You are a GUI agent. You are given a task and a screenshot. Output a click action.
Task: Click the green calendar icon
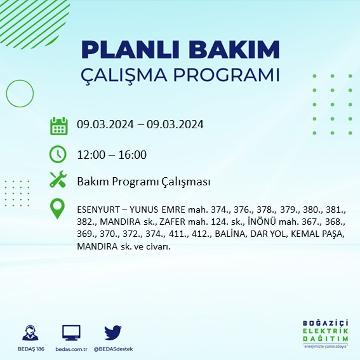click(x=58, y=125)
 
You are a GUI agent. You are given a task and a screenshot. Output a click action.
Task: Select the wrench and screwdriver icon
click(x=58, y=180)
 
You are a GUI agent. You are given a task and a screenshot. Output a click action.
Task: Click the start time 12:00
click(x=90, y=154)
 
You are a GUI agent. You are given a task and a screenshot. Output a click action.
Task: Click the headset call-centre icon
click(x=29, y=333)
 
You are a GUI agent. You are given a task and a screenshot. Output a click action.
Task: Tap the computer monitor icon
click(x=71, y=333)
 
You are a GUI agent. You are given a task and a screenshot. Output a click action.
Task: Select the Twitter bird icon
click(x=113, y=332)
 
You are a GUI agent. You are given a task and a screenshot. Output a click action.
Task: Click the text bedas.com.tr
click(x=71, y=349)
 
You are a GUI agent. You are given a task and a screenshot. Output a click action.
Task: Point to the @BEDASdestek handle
click(x=114, y=349)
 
